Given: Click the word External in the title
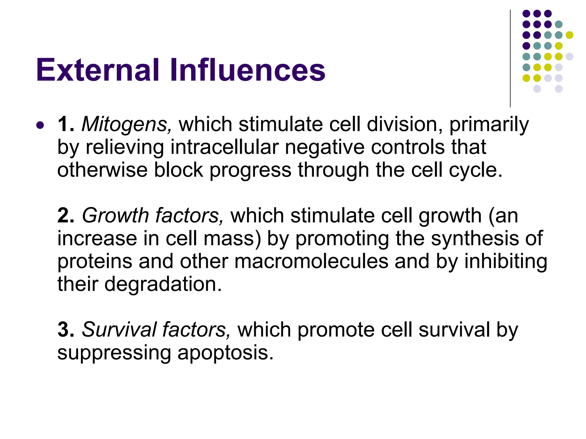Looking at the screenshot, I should (x=97, y=70).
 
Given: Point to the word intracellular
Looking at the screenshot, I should (x=224, y=147).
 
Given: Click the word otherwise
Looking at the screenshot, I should (x=102, y=170).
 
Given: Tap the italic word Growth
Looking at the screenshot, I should (x=115, y=216).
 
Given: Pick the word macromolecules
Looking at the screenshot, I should (x=311, y=262).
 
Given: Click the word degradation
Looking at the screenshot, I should (x=163, y=284).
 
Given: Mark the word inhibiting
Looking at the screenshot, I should (x=506, y=262).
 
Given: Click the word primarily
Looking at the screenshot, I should (x=489, y=125).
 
